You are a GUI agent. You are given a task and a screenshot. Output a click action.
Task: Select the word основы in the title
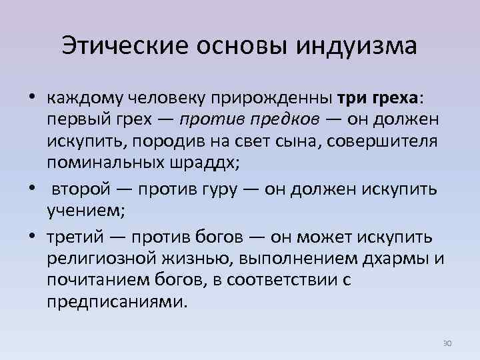(236, 46)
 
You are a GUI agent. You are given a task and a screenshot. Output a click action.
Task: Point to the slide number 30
(447, 343)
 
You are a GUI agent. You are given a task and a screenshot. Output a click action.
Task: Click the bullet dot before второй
(31, 189)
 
